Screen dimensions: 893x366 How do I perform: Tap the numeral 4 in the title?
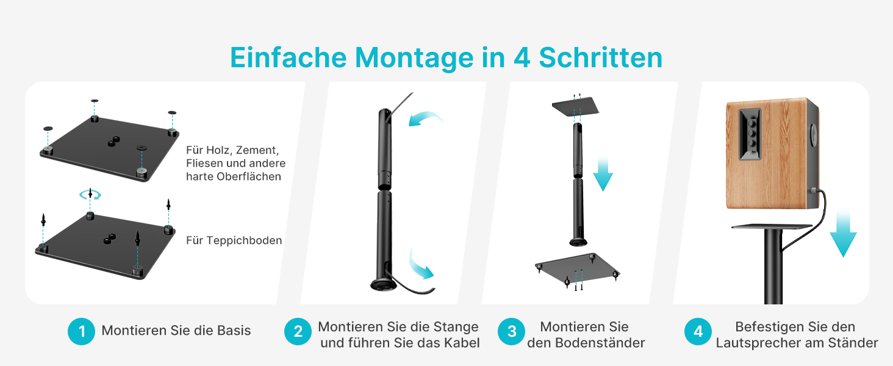point(522,57)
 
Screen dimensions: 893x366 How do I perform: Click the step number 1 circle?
point(81,331)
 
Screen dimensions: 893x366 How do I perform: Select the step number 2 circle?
point(298,331)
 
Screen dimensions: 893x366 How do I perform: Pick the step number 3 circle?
point(512,331)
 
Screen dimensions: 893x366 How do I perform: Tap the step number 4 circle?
point(698,331)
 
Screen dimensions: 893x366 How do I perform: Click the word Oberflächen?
point(249,177)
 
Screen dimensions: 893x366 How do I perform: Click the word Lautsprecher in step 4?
point(755,343)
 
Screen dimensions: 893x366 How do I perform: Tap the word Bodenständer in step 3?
point(600,342)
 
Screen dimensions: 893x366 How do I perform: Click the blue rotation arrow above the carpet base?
point(90,195)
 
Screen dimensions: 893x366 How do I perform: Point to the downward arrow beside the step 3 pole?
point(603,174)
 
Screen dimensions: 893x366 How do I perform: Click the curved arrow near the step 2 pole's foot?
point(420,266)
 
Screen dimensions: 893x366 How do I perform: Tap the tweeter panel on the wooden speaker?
point(750,134)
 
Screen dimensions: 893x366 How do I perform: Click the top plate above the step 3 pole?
point(576,107)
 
